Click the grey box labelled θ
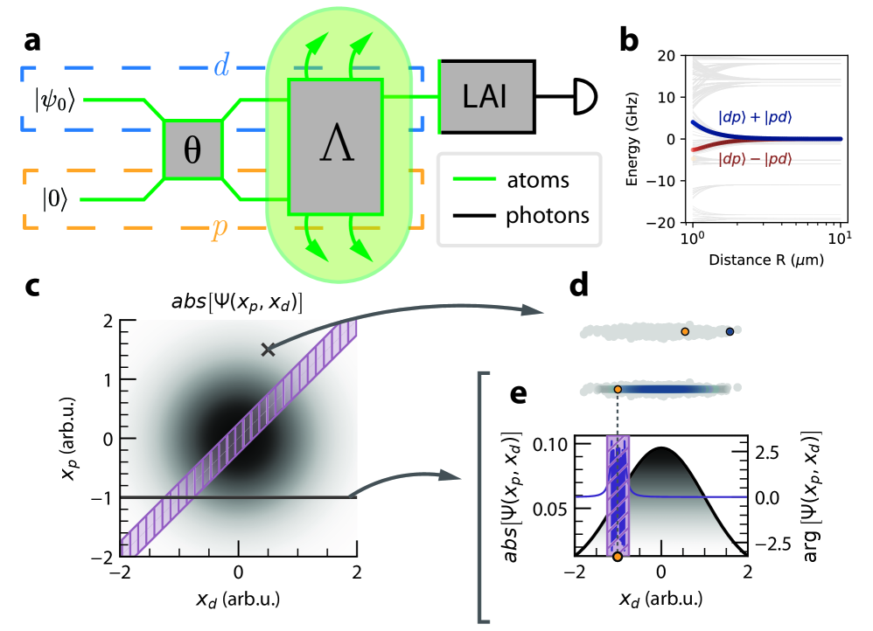click(192, 149)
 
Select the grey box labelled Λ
click(337, 146)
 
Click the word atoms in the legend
click(539, 182)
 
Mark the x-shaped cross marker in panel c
click(267, 350)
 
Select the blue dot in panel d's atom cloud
click(730, 331)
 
